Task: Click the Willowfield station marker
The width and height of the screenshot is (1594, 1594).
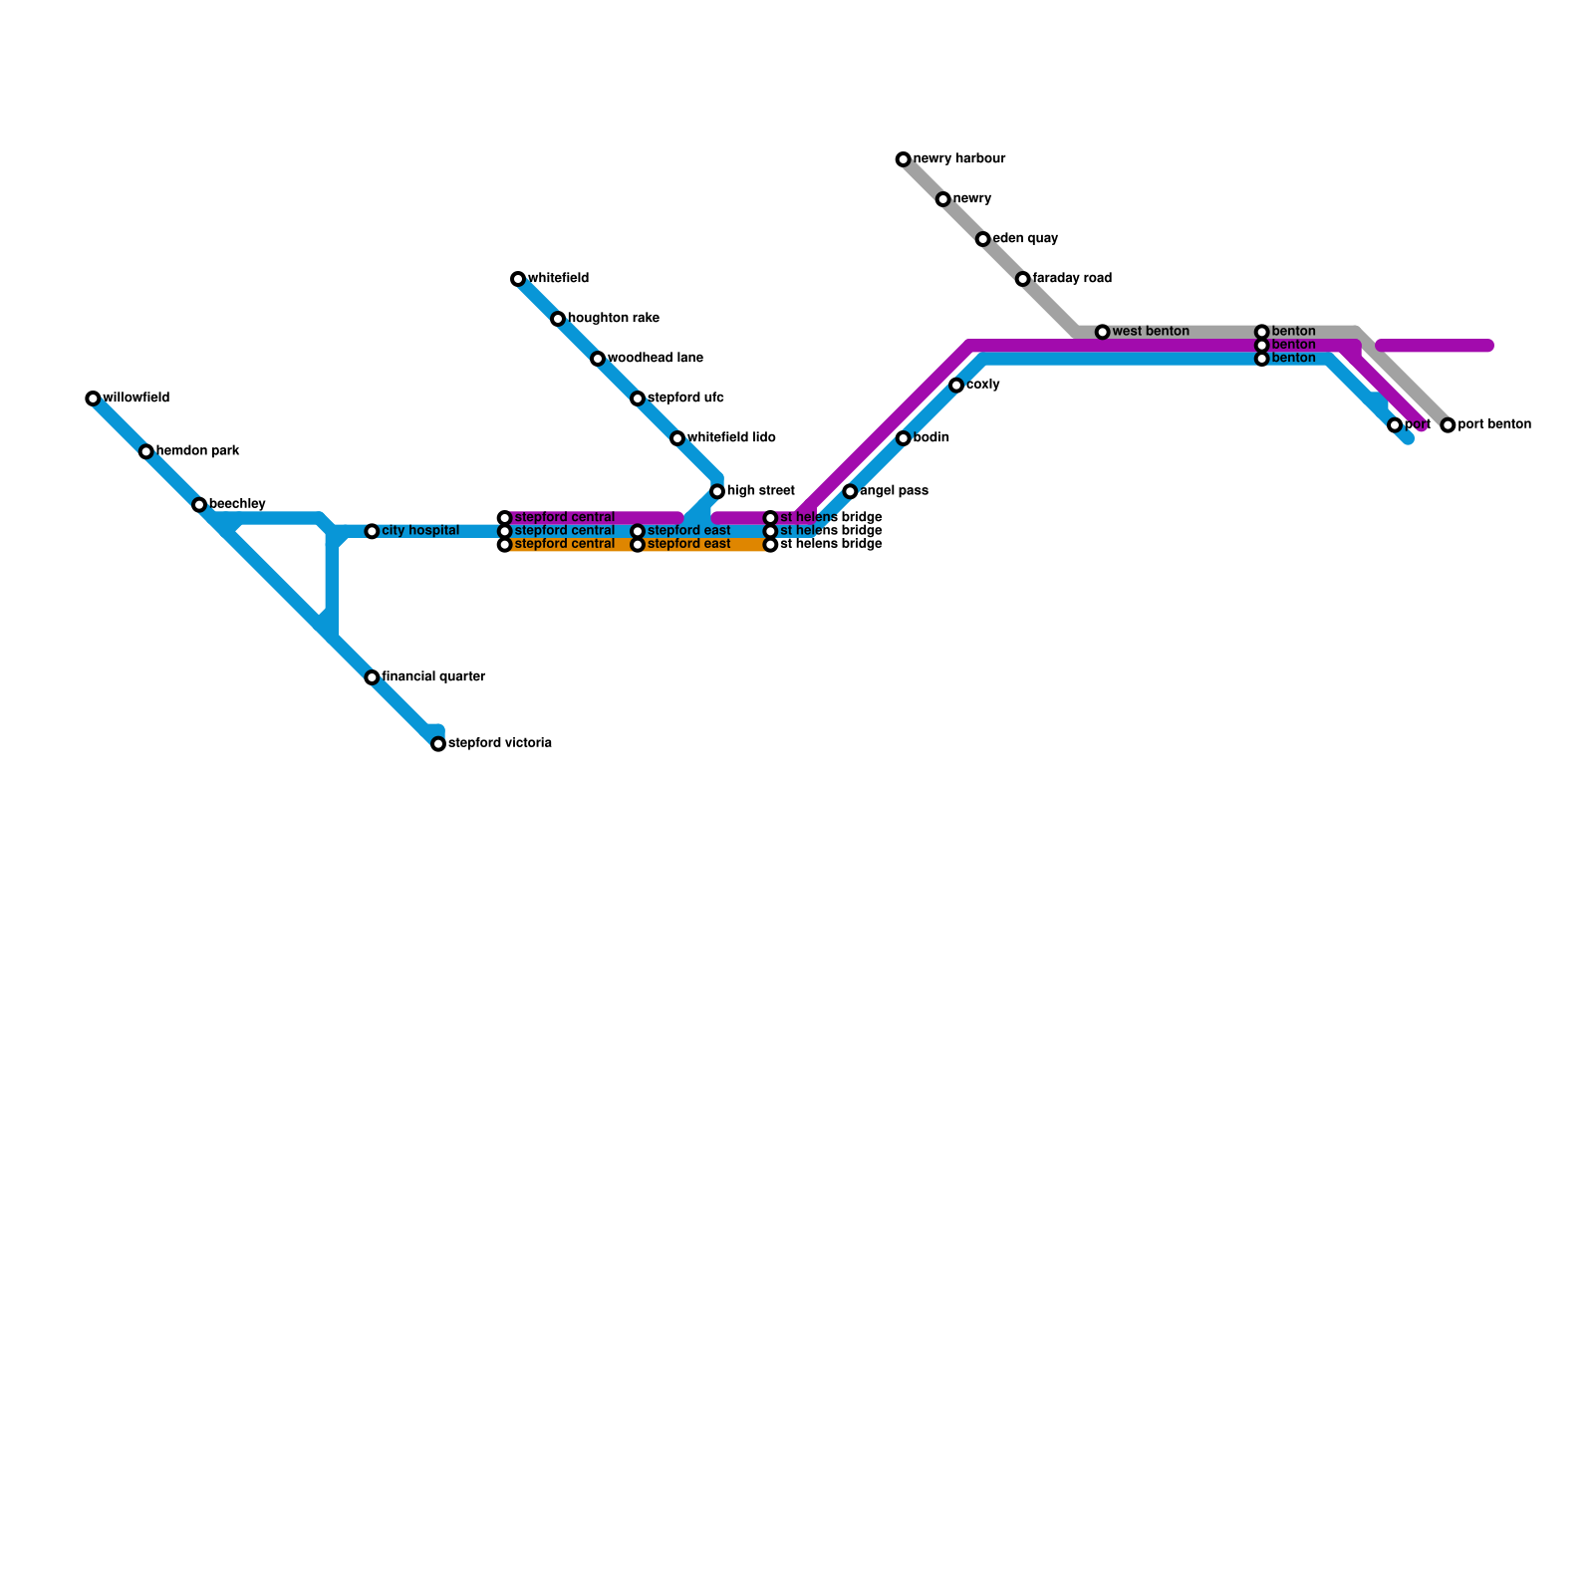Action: pos(93,398)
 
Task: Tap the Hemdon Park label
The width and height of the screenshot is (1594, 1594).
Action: pos(197,451)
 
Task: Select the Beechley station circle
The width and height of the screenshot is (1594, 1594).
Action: pos(199,505)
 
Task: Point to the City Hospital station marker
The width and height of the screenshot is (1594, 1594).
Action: pos(372,531)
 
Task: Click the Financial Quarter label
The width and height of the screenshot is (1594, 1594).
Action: pos(433,677)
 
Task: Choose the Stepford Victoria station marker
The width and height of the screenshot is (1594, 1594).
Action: pos(438,743)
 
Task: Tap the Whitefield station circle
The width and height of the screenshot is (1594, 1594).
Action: pos(518,279)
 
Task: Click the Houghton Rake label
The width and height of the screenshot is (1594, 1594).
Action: pos(613,319)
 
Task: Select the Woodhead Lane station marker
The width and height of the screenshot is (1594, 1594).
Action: pos(598,359)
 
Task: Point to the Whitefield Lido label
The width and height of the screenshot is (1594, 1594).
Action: pos(731,438)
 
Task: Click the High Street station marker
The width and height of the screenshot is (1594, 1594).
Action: pos(717,491)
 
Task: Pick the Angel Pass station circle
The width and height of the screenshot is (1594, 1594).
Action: pos(850,491)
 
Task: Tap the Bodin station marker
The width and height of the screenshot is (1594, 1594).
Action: pos(903,438)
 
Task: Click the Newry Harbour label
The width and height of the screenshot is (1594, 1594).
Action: pos(958,159)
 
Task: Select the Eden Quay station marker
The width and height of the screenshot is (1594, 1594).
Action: pos(982,239)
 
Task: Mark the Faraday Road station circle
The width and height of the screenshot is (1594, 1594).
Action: pos(1022,279)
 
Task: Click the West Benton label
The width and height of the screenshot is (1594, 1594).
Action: pos(1151,332)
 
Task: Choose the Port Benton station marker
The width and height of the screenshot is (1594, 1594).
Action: pos(1448,425)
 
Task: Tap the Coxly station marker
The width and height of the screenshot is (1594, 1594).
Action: pos(956,386)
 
